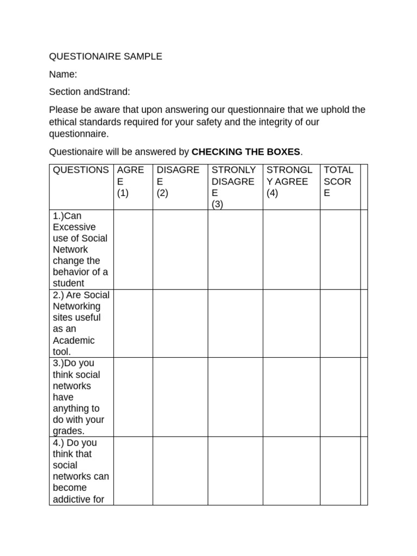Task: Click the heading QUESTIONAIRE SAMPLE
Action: click(x=105, y=56)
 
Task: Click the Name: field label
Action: click(x=63, y=74)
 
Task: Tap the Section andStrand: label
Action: click(x=90, y=92)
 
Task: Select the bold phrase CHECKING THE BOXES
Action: click(x=246, y=151)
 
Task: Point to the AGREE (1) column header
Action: click(x=130, y=181)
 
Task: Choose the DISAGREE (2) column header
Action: click(x=178, y=181)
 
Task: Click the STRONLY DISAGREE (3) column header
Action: click(x=233, y=187)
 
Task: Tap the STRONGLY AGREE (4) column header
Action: click(x=289, y=181)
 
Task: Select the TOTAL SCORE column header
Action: click(x=338, y=181)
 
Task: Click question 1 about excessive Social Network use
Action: click(x=80, y=249)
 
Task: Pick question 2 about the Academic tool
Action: click(x=80, y=323)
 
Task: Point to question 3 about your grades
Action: click(x=80, y=396)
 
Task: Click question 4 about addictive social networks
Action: click(x=80, y=471)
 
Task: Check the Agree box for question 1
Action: click(x=133, y=249)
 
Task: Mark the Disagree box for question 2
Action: click(x=180, y=323)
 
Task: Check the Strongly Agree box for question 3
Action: click(x=291, y=396)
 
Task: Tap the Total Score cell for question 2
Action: click(x=340, y=323)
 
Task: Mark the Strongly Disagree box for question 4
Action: click(x=236, y=471)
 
